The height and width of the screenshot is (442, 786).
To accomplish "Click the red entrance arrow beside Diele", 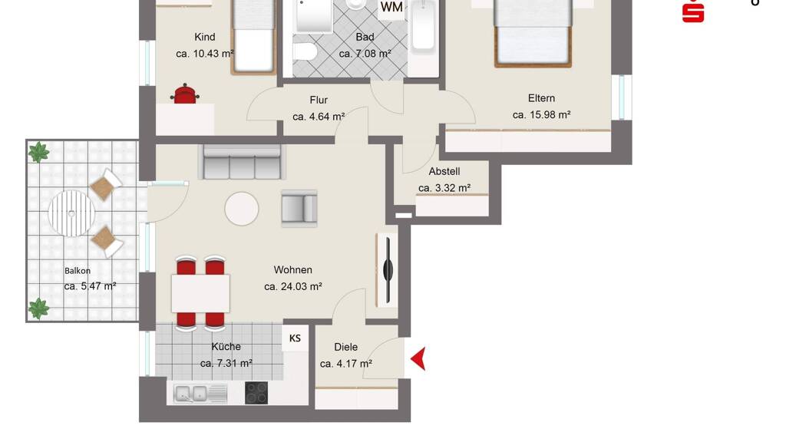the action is [x=418, y=359].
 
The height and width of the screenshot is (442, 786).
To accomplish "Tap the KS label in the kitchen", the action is [x=295, y=338].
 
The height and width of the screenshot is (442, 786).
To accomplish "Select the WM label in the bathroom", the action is [x=391, y=6].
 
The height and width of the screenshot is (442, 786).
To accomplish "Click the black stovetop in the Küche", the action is [x=256, y=393].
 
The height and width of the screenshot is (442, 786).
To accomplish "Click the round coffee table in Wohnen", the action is [x=242, y=209].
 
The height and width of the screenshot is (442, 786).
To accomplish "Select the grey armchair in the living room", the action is [x=299, y=209].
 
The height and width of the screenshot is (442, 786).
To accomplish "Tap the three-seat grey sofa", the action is [x=242, y=162].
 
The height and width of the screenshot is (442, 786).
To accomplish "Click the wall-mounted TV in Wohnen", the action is [x=388, y=271].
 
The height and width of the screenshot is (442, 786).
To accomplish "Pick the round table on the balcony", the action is [x=71, y=213].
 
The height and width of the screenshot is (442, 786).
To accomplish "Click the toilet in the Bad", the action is [x=304, y=51].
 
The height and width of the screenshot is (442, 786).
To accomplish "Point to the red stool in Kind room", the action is [x=184, y=94].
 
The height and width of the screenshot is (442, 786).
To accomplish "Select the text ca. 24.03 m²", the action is [x=293, y=287].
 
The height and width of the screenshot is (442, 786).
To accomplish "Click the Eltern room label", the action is [x=541, y=98].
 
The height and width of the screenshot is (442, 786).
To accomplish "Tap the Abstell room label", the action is [x=444, y=171].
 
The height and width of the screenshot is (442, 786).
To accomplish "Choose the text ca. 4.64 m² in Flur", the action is [x=319, y=117].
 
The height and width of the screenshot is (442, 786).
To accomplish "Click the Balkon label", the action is [x=78, y=271].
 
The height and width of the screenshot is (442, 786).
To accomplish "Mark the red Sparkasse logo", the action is [x=693, y=11].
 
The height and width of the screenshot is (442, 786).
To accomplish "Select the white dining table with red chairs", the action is [x=200, y=293].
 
